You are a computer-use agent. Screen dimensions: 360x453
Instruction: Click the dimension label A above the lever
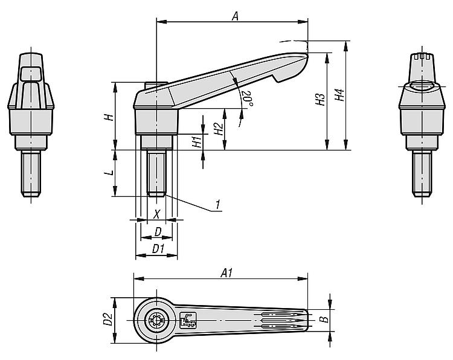(x=235, y=17)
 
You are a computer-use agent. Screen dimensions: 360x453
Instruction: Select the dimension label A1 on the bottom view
(x=227, y=273)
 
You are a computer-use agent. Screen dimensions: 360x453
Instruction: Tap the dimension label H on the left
(x=108, y=117)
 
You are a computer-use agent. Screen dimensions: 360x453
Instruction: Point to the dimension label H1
(x=196, y=142)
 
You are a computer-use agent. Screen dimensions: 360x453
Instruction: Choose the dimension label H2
(x=218, y=129)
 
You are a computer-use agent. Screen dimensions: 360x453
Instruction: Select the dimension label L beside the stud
(x=108, y=173)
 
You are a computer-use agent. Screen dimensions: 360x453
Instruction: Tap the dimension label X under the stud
(x=156, y=213)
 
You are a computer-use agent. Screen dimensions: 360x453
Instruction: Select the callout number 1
(x=216, y=205)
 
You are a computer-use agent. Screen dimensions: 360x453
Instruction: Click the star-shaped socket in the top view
(x=156, y=320)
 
